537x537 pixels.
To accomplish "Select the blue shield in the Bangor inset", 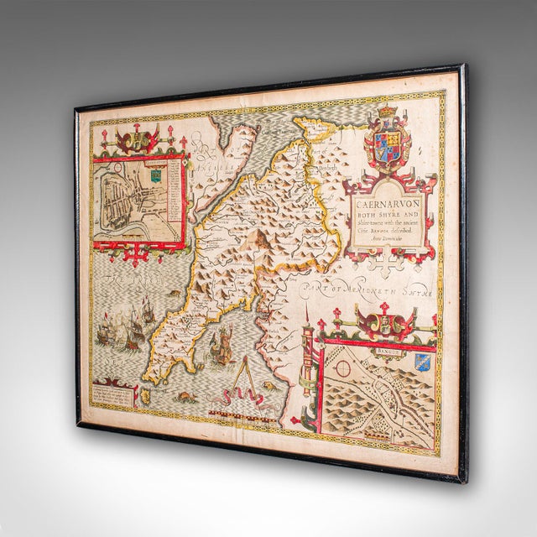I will [x=422, y=361].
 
